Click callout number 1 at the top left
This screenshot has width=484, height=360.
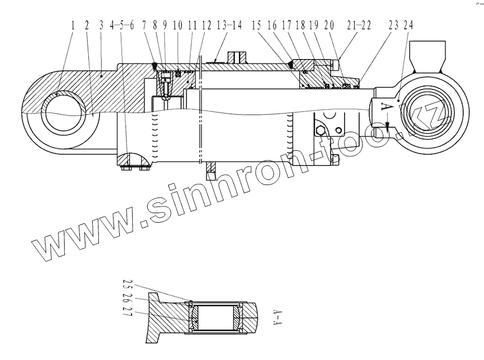pyautogui.click(x=73, y=26)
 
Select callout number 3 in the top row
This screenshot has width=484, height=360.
pyautogui.click(x=101, y=26)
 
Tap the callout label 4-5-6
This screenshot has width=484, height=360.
pyautogui.click(x=122, y=26)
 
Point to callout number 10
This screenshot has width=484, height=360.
pyautogui.click(x=178, y=26)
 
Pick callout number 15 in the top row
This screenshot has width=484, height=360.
pyautogui.click(x=256, y=26)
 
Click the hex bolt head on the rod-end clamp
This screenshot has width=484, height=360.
pyautogui.click(x=320, y=132)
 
